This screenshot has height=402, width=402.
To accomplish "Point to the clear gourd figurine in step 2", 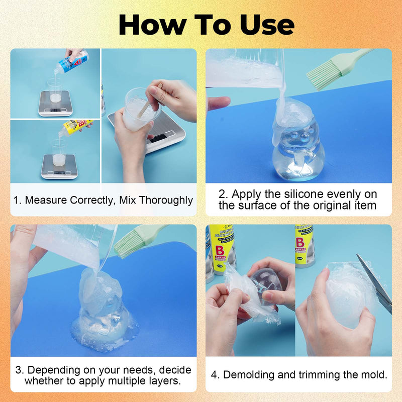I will tap(296, 151).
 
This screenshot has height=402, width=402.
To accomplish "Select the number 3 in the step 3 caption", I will tap(19, 370).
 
